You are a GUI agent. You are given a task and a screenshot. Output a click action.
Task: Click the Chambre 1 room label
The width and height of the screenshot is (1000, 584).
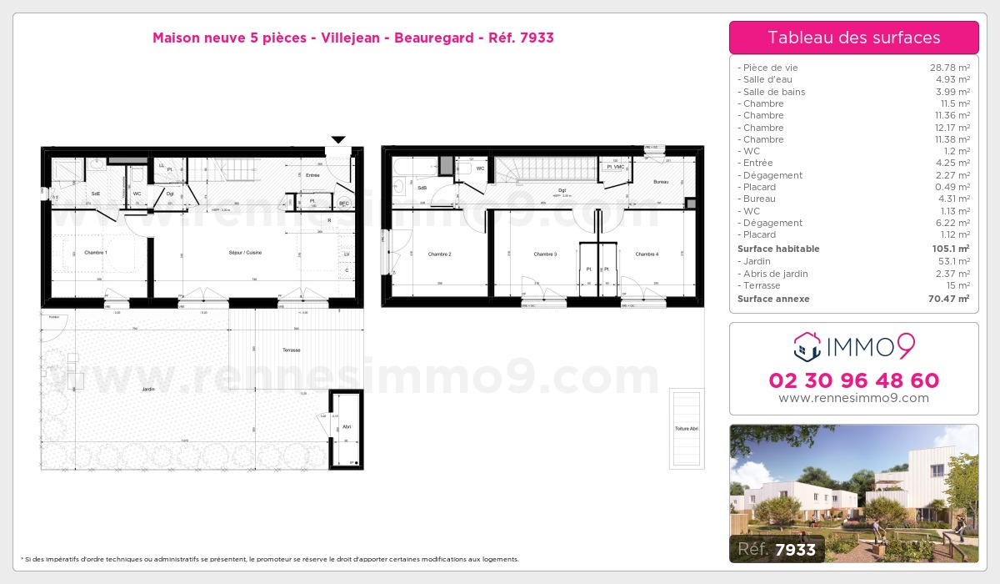(96, 252)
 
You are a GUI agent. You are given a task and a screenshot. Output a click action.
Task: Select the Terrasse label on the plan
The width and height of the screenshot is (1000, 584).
(291, 350)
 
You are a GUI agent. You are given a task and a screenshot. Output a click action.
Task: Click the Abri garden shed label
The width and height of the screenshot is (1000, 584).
(346, 426)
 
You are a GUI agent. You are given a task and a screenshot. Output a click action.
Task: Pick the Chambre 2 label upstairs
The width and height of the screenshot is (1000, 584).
(439, 254)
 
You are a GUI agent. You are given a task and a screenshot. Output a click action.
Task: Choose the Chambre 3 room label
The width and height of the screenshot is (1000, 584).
(545, 254)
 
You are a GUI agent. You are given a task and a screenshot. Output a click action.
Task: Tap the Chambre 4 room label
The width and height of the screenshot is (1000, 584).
(647, 254)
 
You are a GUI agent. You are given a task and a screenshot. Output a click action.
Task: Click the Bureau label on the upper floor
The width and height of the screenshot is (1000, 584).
(661, 182)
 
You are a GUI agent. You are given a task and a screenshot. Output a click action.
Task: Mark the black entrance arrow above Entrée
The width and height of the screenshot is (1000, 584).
(338, 139)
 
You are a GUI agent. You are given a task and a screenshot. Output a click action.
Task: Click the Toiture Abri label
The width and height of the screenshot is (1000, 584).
(687, 429)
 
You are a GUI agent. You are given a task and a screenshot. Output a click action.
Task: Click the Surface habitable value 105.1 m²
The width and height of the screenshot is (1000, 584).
(951, 249)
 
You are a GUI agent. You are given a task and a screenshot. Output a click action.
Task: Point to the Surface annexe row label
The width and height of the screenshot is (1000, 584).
(773, 299)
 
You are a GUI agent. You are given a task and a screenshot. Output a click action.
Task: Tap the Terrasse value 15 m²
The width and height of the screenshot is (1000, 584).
(957, 285)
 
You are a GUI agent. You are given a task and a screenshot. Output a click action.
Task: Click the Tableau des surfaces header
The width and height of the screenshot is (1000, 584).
(853, 38)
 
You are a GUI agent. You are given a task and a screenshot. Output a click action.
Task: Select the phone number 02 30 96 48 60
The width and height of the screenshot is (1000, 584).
(853, 380)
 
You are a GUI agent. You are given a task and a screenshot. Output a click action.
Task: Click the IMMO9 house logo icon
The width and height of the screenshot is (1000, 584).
(807, 345)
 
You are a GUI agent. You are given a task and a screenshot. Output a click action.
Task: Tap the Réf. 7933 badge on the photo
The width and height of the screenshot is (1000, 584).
(777, 548)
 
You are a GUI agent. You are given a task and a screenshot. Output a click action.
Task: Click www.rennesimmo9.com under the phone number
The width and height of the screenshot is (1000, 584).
(853, 398)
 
